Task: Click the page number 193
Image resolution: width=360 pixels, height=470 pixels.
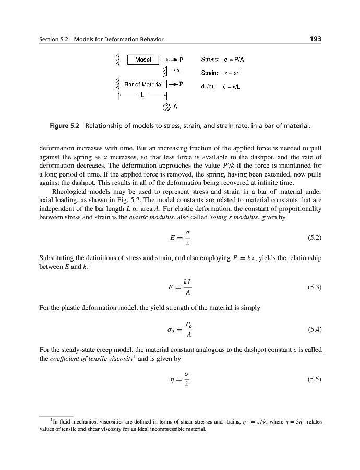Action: point(314,39)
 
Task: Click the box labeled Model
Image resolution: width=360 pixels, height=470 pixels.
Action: point(143,60)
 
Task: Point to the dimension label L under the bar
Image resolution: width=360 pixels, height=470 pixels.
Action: point(142,95)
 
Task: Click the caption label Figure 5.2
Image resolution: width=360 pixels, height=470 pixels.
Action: point(65,126)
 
